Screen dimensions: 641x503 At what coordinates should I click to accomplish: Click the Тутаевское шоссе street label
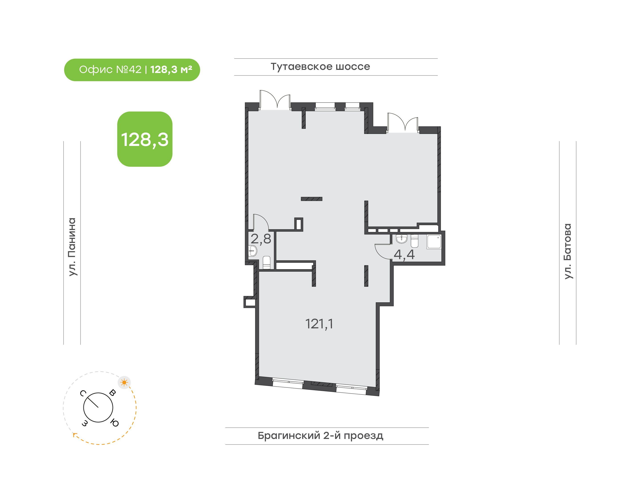point(320,67)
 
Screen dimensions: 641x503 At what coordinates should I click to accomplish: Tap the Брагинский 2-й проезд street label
point(320,436)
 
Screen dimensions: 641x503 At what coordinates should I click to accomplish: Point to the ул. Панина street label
point(72,247)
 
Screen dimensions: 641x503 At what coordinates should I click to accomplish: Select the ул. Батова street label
point(568,251)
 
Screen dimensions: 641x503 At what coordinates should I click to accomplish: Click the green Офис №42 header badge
point(132,70)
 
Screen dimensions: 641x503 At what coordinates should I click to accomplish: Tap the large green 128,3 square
point(145,139)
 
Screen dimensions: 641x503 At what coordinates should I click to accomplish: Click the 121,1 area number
point(319,324)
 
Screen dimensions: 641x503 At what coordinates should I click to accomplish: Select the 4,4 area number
point(404,255)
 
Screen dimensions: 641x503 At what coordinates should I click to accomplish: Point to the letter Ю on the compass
point(115,423)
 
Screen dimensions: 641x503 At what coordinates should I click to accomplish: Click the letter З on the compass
point(85,423)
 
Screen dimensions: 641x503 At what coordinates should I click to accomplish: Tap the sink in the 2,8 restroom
point(253,251)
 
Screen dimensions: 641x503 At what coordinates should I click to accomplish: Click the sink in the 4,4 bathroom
point(402,239)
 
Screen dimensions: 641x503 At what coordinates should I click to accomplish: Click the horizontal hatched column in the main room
point(311,199)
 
